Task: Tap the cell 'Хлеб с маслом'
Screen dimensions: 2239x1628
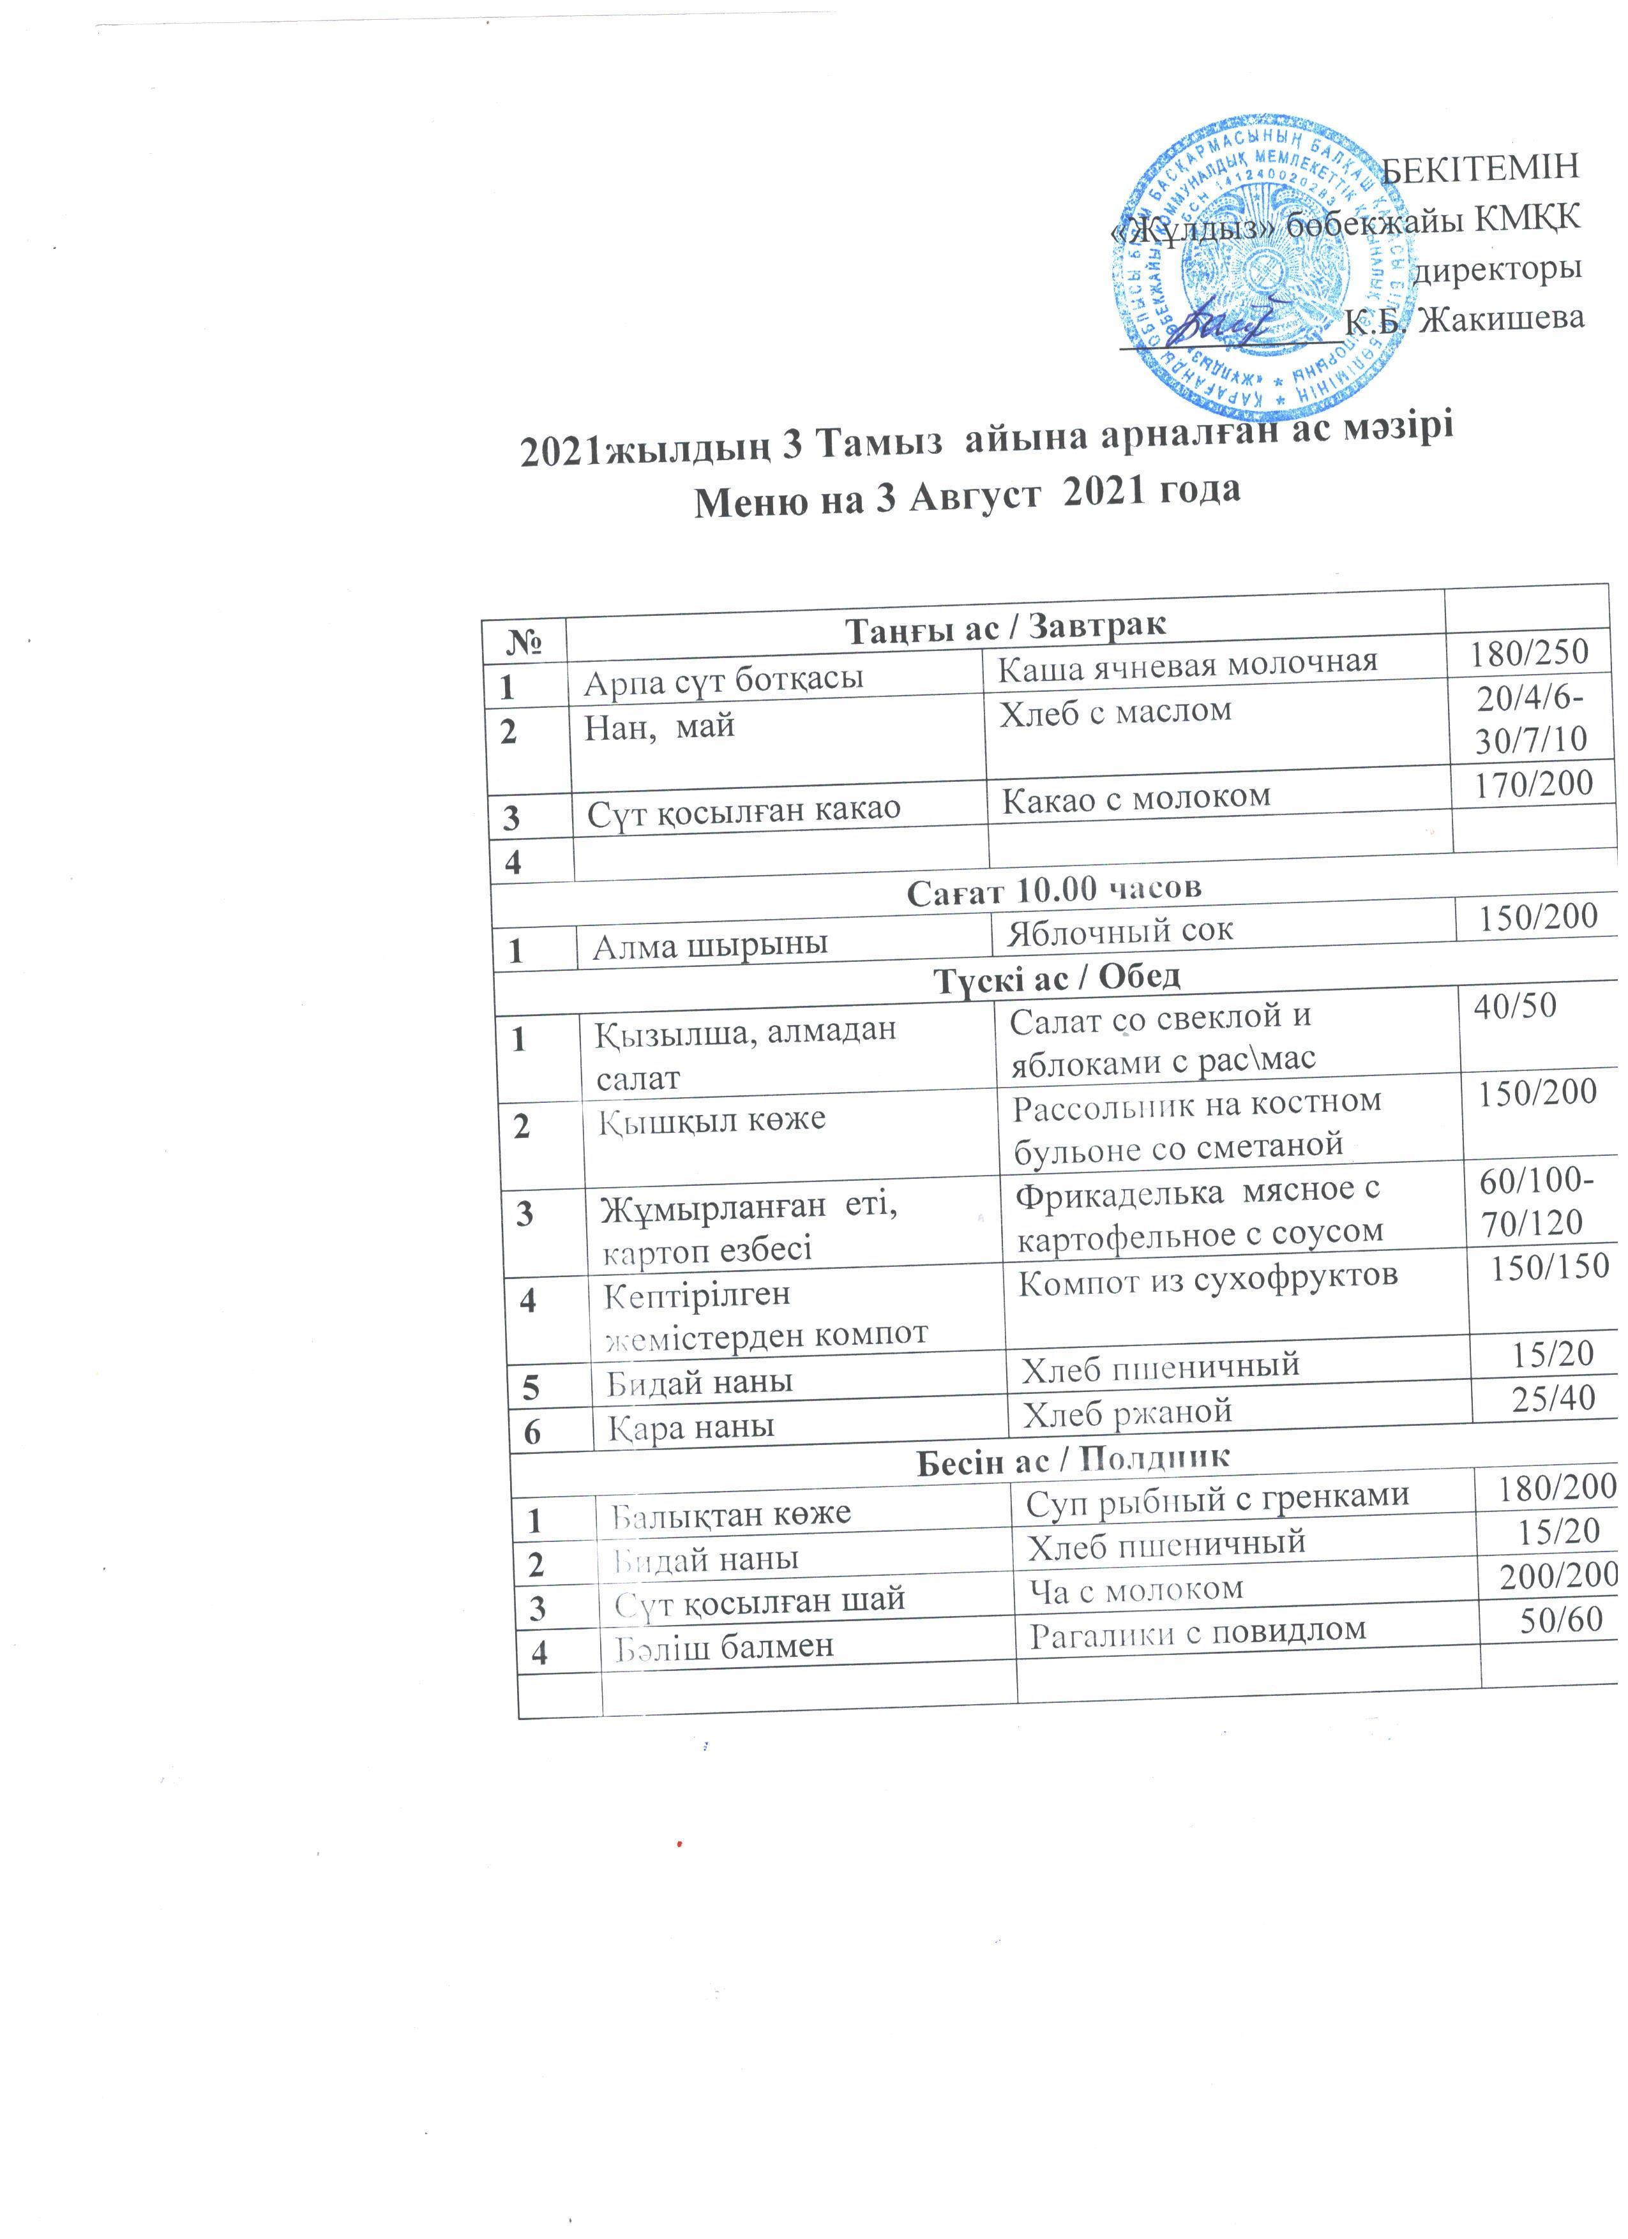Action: pyautogui.click(x=1115, y=711)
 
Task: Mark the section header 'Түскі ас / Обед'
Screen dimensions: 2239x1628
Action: pyautogui.click(x=1057, y=977)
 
